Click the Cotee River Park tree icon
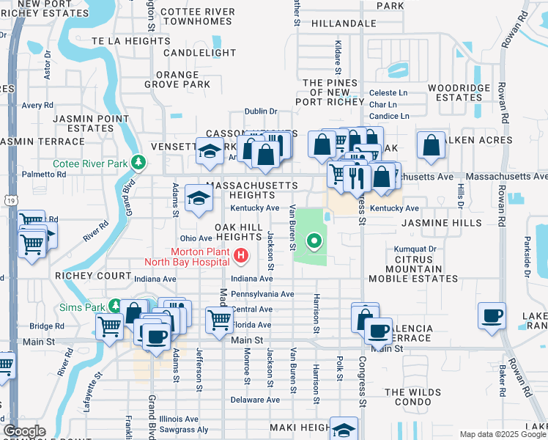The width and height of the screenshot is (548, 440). tap(137, 162)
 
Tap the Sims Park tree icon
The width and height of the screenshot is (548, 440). tap(115, 304)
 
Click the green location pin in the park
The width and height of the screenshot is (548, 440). tap(314, 240)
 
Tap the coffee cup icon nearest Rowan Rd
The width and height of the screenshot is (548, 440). tap(492, 316)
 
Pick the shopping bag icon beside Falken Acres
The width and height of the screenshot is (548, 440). tap(432, 145)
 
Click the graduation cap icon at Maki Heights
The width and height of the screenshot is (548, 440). tap(344, 430)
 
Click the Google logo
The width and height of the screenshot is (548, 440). tap(24, 431)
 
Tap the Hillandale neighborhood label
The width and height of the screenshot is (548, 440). tap(344, 23)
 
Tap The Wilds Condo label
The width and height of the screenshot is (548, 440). tap(416, 397)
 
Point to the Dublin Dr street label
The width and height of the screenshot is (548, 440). tap(261, 111)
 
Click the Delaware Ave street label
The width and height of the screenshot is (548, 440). tap(255, 400)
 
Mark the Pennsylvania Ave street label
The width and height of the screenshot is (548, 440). tap(262, 294)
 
